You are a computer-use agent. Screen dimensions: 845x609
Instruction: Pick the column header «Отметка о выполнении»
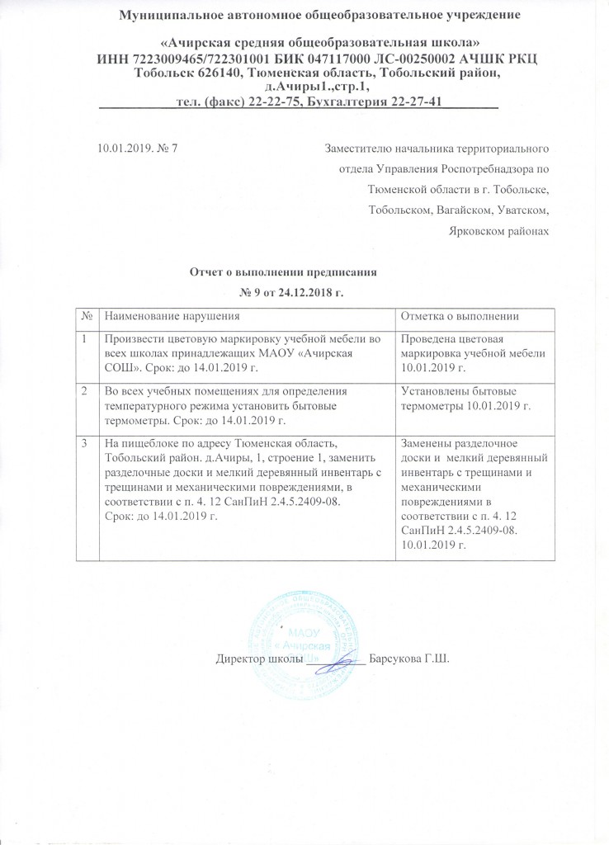(x=457, y=316)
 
